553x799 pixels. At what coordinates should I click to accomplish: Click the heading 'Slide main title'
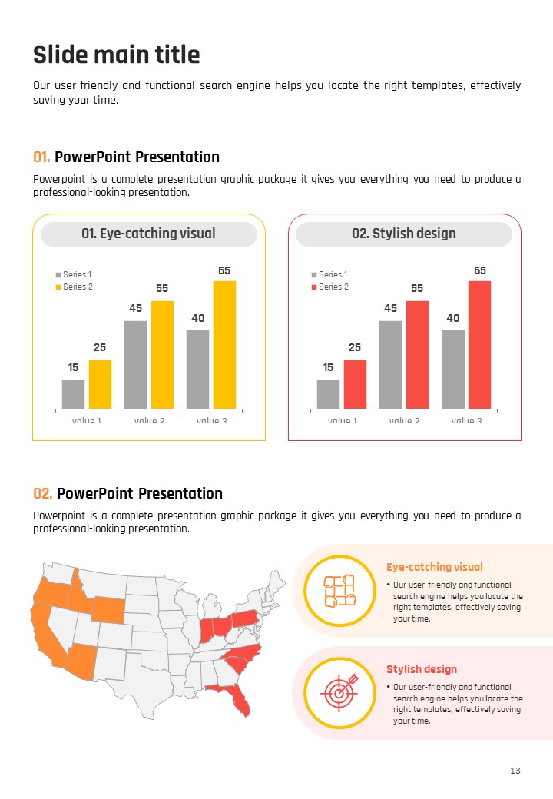(x=117, y=55)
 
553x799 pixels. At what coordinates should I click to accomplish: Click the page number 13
(x=515, y=771)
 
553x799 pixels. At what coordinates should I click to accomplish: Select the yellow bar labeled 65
(x=224, y=344)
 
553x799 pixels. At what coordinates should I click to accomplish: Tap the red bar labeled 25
(x=355, y=384)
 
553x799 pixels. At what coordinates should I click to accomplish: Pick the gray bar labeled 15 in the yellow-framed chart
(x=73, y=394)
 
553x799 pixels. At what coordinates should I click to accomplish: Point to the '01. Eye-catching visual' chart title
(x=148, y=234)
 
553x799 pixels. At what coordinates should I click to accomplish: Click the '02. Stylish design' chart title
(x=404, y=234)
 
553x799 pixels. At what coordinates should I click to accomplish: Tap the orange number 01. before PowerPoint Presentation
(x=42, y=157)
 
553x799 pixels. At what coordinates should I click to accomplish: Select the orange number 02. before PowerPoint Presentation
(x=43, y=493)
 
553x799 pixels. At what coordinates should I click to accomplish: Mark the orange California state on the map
(x=45, y=634)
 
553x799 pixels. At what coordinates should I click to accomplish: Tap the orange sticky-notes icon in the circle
(x=339, y=590)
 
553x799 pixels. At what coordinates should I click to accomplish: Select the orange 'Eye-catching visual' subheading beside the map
(x=434, y=567)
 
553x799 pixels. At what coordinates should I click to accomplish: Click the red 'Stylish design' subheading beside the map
(x=421, y=669)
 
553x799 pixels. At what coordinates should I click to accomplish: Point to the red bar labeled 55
(x=417, y=354)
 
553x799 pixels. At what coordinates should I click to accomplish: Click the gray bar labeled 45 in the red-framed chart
(x=390, y=364)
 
